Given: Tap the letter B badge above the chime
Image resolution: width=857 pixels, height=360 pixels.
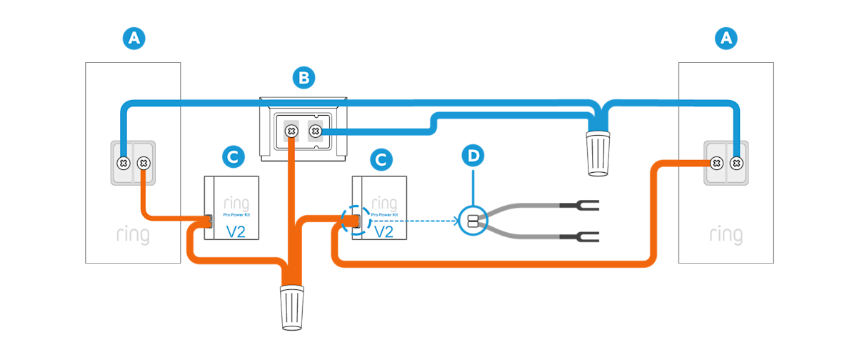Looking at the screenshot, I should pos(304,78).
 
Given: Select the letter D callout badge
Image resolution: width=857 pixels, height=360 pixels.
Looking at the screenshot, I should pos(473,155).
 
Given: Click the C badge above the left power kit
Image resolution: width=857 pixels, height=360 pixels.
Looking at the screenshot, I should pos(231,155).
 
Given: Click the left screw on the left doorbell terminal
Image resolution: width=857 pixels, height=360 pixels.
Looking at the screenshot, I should pos(123,163).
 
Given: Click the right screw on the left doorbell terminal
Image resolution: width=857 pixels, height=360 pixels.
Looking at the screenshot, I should pos(143,163).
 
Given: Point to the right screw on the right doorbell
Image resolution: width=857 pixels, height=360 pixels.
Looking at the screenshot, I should pos(736,163).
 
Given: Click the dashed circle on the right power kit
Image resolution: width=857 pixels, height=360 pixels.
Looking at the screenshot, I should pos(355,221).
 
